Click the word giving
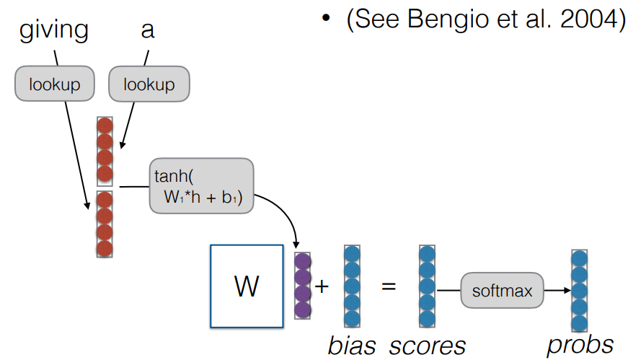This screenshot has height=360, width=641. (x=53, y=31)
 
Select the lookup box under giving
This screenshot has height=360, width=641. (x=54, y=84)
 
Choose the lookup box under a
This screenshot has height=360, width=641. (x=149, y=84)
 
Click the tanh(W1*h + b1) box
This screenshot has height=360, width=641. (x=202, y=186)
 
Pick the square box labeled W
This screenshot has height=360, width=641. (x=247, y=286)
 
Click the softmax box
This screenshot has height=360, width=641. (x=502, y=291)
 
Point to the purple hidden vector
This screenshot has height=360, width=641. (x=303, y=286)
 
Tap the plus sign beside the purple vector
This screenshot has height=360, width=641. (x=322, y=286)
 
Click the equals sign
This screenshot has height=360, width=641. (x=389, y=286)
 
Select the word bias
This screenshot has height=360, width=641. (x=352, y=346)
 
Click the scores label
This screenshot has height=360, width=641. (x=427, y=346)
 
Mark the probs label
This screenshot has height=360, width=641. (x=580, y=344)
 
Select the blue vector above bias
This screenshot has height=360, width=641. (x=352, y=286)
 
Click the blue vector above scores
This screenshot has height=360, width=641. (x=427, y=286)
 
